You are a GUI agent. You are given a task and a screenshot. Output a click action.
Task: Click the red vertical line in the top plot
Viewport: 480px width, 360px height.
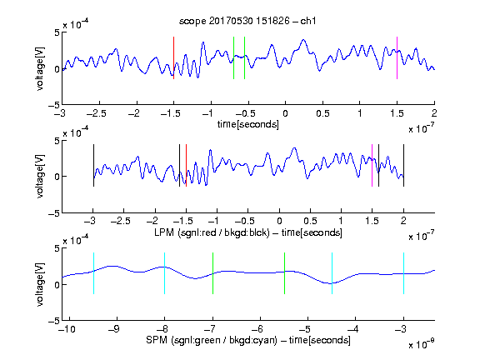(x=173, y=57)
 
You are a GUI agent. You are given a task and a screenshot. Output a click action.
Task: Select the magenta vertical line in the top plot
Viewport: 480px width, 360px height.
(x=397, y=57)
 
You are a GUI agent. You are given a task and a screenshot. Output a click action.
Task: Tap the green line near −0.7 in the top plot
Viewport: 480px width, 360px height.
(x=233, y=57)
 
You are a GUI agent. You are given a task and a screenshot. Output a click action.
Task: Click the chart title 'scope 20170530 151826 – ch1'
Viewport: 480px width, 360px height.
(x=247, y=21)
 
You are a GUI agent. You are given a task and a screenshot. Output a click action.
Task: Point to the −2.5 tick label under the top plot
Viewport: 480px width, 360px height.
(x=97, y=113)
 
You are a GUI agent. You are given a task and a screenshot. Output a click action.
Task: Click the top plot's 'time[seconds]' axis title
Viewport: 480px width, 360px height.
(x=248, y=124)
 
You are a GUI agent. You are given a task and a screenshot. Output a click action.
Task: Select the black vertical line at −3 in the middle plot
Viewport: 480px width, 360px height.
(x=93, y=165)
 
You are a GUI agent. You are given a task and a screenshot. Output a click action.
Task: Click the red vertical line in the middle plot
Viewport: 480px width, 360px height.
(x=186, y=165)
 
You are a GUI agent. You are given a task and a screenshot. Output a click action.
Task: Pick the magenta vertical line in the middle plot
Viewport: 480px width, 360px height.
(x=372, y=165)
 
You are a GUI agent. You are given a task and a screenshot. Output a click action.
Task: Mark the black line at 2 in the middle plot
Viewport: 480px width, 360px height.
(x=403, y=165)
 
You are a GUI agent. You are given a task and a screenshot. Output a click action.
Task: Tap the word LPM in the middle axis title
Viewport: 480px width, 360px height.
(x=164, y=232)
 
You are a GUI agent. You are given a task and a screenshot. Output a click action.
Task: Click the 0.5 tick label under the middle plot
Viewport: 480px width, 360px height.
(x=310, y=221)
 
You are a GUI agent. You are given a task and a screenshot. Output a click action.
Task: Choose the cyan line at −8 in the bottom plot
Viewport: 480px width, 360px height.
(x=164, y=273)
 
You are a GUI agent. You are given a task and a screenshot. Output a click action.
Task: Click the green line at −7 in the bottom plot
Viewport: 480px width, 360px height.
(x=212, y=273)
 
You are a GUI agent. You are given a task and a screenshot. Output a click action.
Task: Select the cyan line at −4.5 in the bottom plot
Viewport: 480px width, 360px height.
(x=332, y=273)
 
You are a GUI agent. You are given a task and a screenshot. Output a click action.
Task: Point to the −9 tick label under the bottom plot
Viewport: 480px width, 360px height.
(x=114, y=329)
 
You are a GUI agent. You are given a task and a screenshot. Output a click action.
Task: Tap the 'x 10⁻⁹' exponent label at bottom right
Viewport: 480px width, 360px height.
(x=421, y=344)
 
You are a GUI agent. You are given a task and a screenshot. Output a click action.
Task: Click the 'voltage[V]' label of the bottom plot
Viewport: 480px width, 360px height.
(x=40, y=284)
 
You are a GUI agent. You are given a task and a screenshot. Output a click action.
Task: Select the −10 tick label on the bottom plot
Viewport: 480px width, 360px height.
(x=67, y=329)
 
